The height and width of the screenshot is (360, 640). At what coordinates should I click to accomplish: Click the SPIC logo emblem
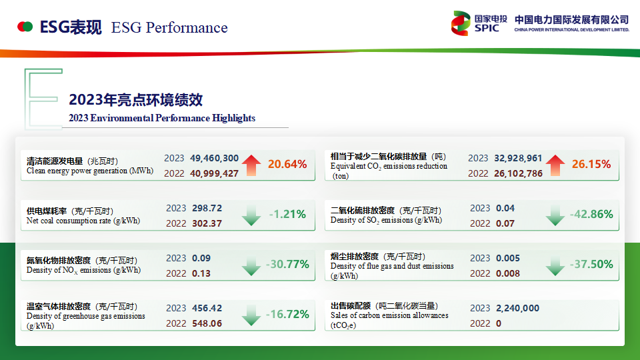point(461,23)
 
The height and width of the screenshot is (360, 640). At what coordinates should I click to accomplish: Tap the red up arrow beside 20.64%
point(251,165)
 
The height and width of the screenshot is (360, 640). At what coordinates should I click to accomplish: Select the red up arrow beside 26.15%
point(555,165)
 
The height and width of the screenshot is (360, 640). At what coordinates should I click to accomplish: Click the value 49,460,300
point(214,158)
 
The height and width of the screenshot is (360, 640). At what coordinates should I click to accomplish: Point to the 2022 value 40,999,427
point(214,173)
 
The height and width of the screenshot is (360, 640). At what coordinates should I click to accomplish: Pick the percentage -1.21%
point(287,214)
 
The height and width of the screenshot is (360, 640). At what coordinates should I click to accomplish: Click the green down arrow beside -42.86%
point(555,215)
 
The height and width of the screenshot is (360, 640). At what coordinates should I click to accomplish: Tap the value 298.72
point(207,208)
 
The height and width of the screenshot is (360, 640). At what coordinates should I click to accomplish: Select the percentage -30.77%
point(287,264)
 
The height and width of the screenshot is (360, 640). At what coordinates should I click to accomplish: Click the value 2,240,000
point(517,308)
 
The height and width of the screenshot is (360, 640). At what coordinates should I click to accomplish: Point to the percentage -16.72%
point(287,314)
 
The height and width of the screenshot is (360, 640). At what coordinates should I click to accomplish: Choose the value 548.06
point(207,323)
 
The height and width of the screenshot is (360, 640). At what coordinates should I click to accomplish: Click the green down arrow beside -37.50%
point(555,266)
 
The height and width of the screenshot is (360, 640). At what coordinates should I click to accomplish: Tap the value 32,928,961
point(518,158)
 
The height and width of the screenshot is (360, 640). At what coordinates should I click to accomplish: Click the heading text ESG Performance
point(169,28)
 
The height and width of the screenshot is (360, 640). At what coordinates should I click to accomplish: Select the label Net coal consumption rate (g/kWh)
point(83,221)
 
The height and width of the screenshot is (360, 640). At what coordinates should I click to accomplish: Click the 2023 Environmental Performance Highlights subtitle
point(162,118)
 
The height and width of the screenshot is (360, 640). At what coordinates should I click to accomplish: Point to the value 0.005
point(508,258)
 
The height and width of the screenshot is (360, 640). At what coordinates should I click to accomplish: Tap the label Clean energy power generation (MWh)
point(90,171)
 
